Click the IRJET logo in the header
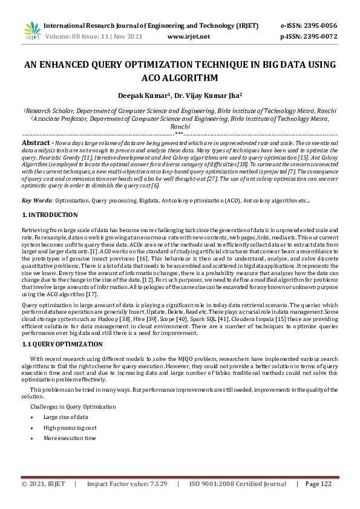point(32,31)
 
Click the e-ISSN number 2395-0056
point(321,26)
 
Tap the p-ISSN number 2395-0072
point(321,36)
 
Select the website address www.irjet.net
point(188,36)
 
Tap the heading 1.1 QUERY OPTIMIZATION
point(62,344)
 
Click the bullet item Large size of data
point(65,417)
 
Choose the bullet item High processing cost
point(70,427)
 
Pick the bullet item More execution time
point(69,438)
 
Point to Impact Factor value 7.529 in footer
point(126,501)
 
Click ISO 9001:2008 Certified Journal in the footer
point(238,501)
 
